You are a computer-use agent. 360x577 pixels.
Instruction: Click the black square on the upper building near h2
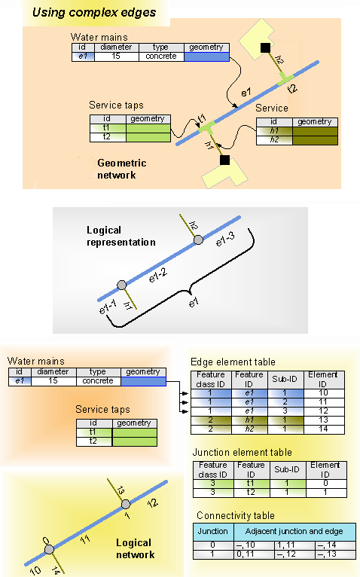pos(264,49)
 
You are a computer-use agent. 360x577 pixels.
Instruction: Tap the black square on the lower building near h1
pos(224,160)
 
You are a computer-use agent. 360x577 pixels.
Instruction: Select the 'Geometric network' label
pos(121,169)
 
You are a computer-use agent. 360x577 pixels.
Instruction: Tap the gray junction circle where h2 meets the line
pos(197,240)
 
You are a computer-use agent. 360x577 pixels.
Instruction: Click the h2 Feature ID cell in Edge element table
pos(248,429)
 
